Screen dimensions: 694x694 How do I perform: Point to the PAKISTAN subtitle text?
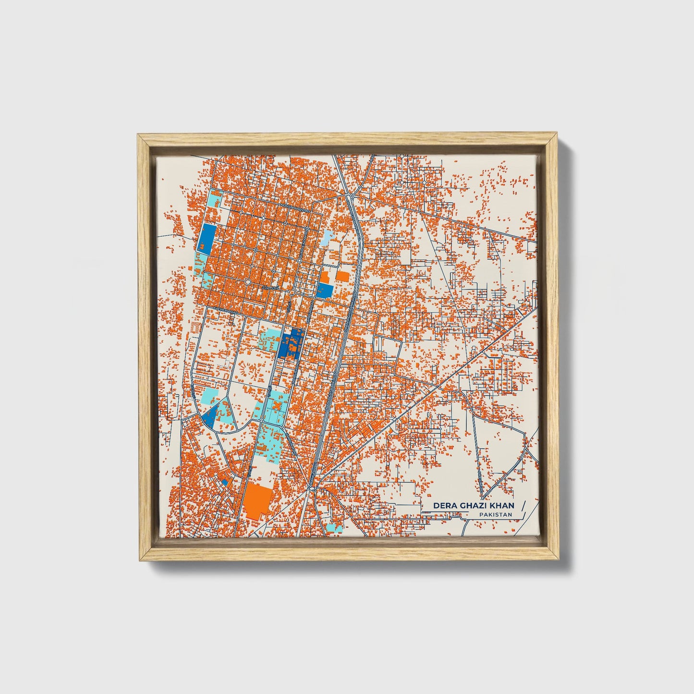(x=495, y=515)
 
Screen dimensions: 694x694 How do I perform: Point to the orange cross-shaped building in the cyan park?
(x=277, y=407)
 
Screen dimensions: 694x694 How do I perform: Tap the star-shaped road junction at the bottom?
(x=311, y=489)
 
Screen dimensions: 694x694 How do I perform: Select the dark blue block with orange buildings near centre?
(x=291, y=344)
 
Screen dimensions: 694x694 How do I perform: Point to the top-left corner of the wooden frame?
(x=139, y=136)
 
